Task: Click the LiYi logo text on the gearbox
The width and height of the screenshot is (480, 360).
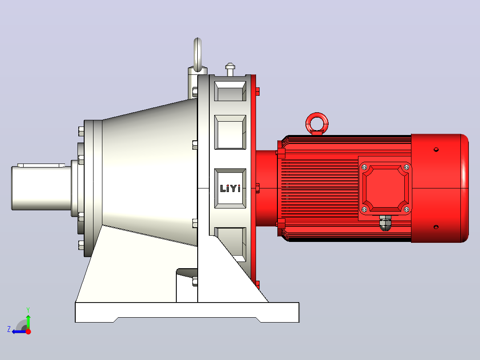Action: point(230,188)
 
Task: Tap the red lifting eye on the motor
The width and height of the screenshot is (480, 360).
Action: point(317,116)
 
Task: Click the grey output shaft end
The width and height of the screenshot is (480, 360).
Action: point(41,188)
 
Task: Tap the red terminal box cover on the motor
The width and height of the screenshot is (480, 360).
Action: point(385,188)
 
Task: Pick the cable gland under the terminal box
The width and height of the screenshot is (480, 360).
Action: point(385,223)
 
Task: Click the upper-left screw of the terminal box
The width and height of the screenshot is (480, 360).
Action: point(364,167)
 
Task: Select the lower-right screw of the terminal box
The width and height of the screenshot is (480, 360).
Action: point(407,209)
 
